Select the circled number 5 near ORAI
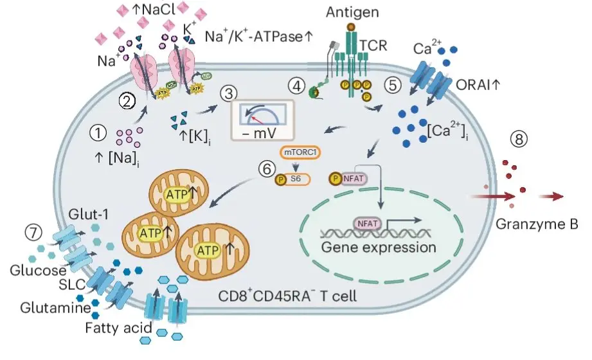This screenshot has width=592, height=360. point(392,85)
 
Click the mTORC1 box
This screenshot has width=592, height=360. point(300,153)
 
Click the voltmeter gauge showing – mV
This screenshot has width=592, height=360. point(263,120)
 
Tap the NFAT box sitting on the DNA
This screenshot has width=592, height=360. point(368,224)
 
